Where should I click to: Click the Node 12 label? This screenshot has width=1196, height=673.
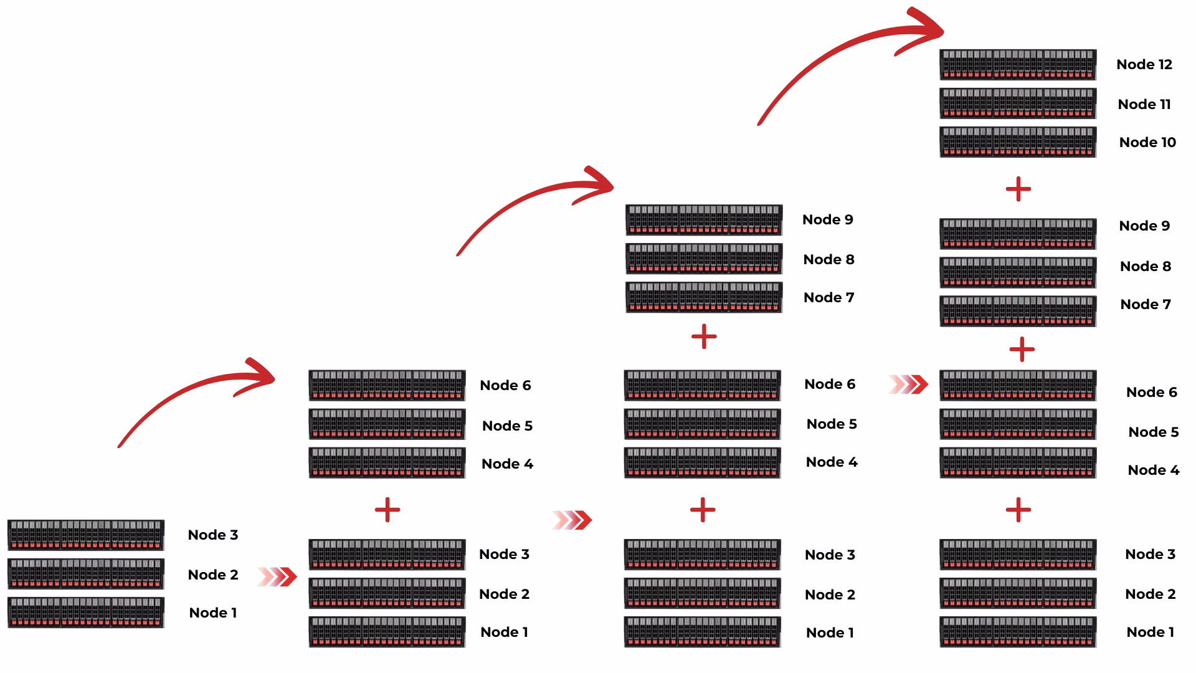(1144, 64)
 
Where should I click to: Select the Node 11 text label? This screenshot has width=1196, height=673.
(1144, 104)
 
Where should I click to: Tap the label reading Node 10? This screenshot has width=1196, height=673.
(1147, 142)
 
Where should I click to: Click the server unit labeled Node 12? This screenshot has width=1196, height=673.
(1017, 65)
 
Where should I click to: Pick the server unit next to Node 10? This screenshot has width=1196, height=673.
(1017, 142)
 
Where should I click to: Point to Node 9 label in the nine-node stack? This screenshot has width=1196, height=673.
(827, 219)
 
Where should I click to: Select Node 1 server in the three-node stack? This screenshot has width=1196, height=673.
(86, 613)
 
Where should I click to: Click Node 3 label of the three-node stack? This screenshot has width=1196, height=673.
(212, 535)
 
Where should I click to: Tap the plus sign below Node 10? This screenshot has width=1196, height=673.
(1018, 189)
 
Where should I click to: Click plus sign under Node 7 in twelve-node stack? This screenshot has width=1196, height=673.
(1021, 349)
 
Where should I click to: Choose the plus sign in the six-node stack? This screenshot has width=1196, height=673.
(387, 510)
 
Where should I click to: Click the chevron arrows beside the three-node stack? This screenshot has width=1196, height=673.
(277, 577)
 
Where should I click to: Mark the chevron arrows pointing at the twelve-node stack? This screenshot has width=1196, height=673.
(908, 384)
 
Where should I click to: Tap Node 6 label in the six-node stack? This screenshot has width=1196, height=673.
(505, 385)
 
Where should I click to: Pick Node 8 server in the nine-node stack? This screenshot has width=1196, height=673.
(704, 259)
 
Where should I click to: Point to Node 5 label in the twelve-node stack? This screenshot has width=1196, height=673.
(1153, 432)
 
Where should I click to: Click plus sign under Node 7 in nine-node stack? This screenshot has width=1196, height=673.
(704, 336)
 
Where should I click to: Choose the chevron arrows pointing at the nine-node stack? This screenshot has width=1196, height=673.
(572, 520)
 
